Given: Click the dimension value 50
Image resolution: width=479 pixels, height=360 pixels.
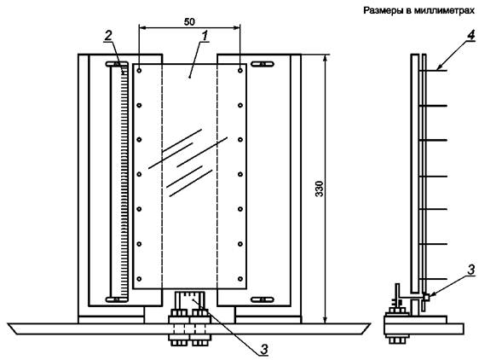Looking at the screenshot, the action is tap(189, 21).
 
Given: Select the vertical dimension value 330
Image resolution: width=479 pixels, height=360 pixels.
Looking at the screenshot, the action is tap(319, 189).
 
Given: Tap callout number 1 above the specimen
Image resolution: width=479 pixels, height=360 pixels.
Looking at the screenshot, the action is tap(205, 36).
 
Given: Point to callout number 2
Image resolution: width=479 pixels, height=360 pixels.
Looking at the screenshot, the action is tap(108, 36).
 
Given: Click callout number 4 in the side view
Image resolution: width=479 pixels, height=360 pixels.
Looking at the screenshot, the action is tap(471, 35).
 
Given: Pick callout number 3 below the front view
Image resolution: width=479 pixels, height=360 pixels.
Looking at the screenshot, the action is tap(264, 349).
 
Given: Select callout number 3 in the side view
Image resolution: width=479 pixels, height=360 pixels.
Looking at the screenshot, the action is tap(471, 270).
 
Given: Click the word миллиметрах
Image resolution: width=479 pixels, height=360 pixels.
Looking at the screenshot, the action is tap(444, 11).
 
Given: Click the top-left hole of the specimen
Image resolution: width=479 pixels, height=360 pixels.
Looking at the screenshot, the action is tap(139, 70).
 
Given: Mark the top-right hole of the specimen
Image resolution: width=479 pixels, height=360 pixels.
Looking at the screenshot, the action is tap(240, 70).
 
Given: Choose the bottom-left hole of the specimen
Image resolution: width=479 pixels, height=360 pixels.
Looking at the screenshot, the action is tap(139, 279).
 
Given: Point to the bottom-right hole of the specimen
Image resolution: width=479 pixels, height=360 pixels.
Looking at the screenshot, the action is tap(240, 279).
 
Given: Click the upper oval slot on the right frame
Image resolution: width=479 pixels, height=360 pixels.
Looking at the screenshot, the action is tap(263, 64).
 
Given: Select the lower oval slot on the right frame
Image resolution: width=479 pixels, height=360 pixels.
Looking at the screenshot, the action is tap(263, 299).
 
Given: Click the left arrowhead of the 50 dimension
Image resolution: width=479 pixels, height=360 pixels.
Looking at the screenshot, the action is tap(142, 28).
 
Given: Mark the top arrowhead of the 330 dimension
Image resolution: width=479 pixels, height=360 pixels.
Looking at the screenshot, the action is tap(326, 58).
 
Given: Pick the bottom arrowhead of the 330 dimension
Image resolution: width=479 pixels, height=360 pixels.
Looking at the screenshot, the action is tap(326, 319).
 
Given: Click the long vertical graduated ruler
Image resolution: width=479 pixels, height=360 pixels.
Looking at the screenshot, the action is tap(119, 182).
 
